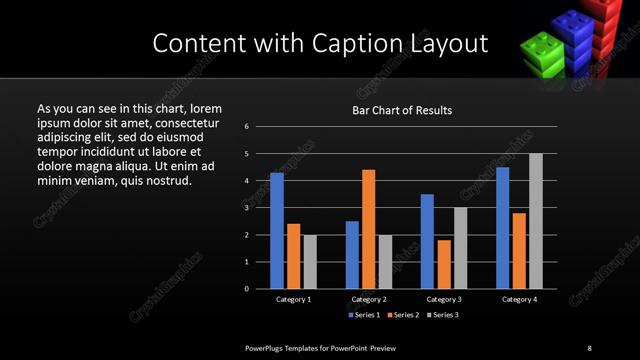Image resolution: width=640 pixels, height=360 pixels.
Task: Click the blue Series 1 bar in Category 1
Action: (277, 231)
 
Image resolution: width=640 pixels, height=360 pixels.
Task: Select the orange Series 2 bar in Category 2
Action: (369, 229)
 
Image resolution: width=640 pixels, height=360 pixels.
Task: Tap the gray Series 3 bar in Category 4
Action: (536, 221)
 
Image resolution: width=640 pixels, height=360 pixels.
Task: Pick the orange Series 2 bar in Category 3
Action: (444, 264)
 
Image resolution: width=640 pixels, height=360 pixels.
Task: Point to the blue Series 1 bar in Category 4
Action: (502, 228)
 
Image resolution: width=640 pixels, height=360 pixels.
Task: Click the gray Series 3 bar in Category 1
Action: (310, 262)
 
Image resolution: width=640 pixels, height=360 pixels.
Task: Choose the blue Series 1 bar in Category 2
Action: (352, 255)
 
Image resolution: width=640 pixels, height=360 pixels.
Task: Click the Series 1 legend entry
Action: (364, 315)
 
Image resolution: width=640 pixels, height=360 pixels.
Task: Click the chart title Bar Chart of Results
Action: (402, 110)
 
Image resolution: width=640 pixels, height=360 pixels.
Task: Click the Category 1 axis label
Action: (293, 299)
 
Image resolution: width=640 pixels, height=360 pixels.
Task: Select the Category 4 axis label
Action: (518, 299)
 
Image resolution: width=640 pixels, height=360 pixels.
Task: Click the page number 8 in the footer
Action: (589, 347)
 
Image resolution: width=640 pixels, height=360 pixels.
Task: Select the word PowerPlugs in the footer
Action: (270, 347)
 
